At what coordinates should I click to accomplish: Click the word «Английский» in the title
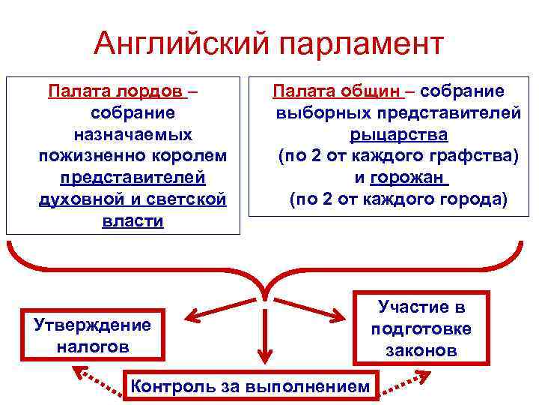pyautogui.click(x=180, y=44)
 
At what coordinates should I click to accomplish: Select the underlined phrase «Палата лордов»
pyautogui.click(x=117, y=92)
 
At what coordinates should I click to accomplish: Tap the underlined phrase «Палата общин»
pyautogui.click(x=338, y=92)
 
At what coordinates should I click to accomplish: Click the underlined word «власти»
pyautogui.click(x=133, y=223)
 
